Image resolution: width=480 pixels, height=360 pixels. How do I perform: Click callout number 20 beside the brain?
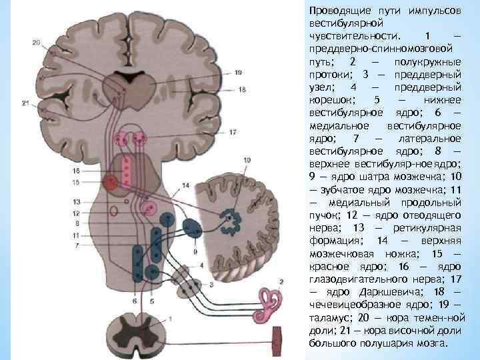[35, 43]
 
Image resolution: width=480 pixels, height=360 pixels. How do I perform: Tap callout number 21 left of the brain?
[25, 103]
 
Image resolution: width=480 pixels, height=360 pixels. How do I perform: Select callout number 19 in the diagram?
[241, 73]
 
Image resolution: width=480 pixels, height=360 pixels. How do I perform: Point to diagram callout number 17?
[232, 133]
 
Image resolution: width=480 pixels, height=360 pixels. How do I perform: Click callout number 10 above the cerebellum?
[247, 160]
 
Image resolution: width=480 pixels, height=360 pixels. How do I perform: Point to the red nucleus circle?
[110, 181]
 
